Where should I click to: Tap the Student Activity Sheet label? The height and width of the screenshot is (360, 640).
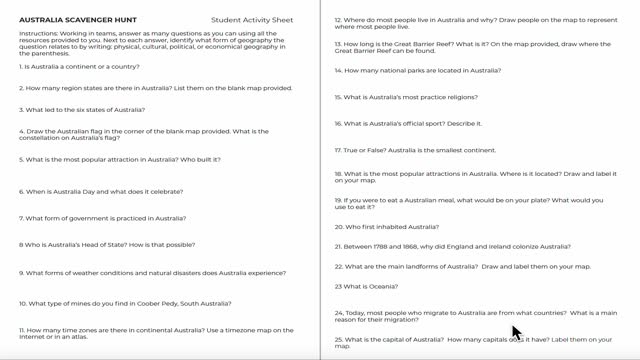252,20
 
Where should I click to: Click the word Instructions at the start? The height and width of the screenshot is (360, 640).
39,33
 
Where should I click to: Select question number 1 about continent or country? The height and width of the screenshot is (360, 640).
79,67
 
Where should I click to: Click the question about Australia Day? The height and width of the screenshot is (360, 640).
101,192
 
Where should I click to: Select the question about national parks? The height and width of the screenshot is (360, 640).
417,71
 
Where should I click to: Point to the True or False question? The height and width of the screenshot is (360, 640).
415,151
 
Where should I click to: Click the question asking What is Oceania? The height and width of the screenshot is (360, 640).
366,287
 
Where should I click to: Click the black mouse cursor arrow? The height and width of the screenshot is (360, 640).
516,332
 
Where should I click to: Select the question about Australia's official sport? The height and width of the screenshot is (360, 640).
407,124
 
